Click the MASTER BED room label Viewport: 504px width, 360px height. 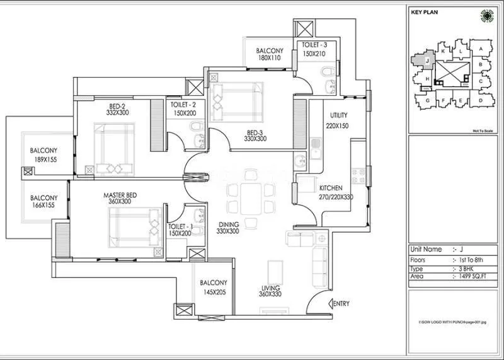(x=117, y=195)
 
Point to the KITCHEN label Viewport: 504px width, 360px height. (x=331, y=189)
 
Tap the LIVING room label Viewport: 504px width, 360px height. (x=270, y=289)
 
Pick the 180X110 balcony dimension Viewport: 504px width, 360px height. (x=269, y=59)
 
